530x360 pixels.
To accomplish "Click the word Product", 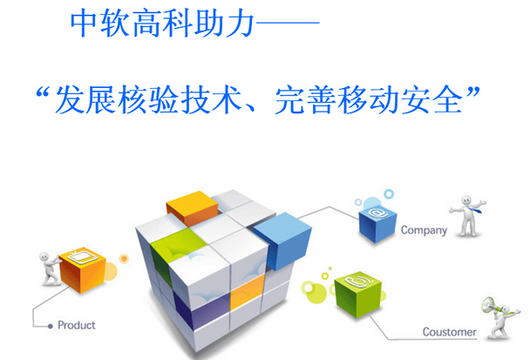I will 77,326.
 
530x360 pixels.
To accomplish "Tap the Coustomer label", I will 449,332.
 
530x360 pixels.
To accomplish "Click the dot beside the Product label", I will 50,326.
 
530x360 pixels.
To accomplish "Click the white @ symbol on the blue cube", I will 377,212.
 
